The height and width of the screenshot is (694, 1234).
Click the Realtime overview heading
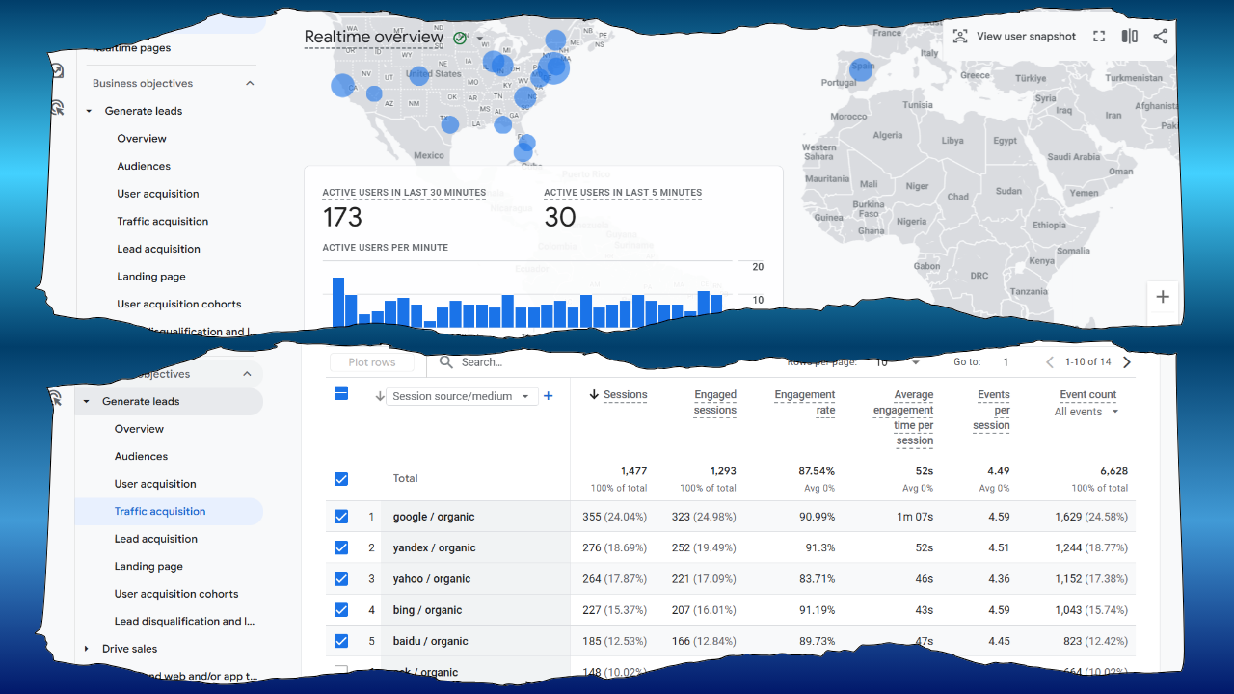(374, 38)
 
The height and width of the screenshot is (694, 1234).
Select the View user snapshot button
(1014, 37)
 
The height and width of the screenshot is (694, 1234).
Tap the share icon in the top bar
(1161, 37)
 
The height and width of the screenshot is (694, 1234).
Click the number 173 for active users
(342, 217)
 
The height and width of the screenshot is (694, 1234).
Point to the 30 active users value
(560, 217)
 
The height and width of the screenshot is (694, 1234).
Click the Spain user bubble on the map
(861, 68)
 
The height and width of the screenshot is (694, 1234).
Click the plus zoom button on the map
(1163, 297)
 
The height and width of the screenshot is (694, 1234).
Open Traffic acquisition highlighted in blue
(160, 512)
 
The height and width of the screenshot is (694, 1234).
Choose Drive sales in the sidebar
(129, 649)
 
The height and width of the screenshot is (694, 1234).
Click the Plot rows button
(372, 362)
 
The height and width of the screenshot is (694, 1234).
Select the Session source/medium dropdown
(462, 396)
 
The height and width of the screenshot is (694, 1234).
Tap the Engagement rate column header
(804, 402)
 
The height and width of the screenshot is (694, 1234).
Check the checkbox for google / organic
(341, 517)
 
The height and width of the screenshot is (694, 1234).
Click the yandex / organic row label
(434, 547)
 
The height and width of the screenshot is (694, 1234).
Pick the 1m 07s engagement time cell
(915, 517)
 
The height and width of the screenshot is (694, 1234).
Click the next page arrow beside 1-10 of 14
(1127, 362)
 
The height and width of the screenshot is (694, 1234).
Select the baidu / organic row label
(430, 641)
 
